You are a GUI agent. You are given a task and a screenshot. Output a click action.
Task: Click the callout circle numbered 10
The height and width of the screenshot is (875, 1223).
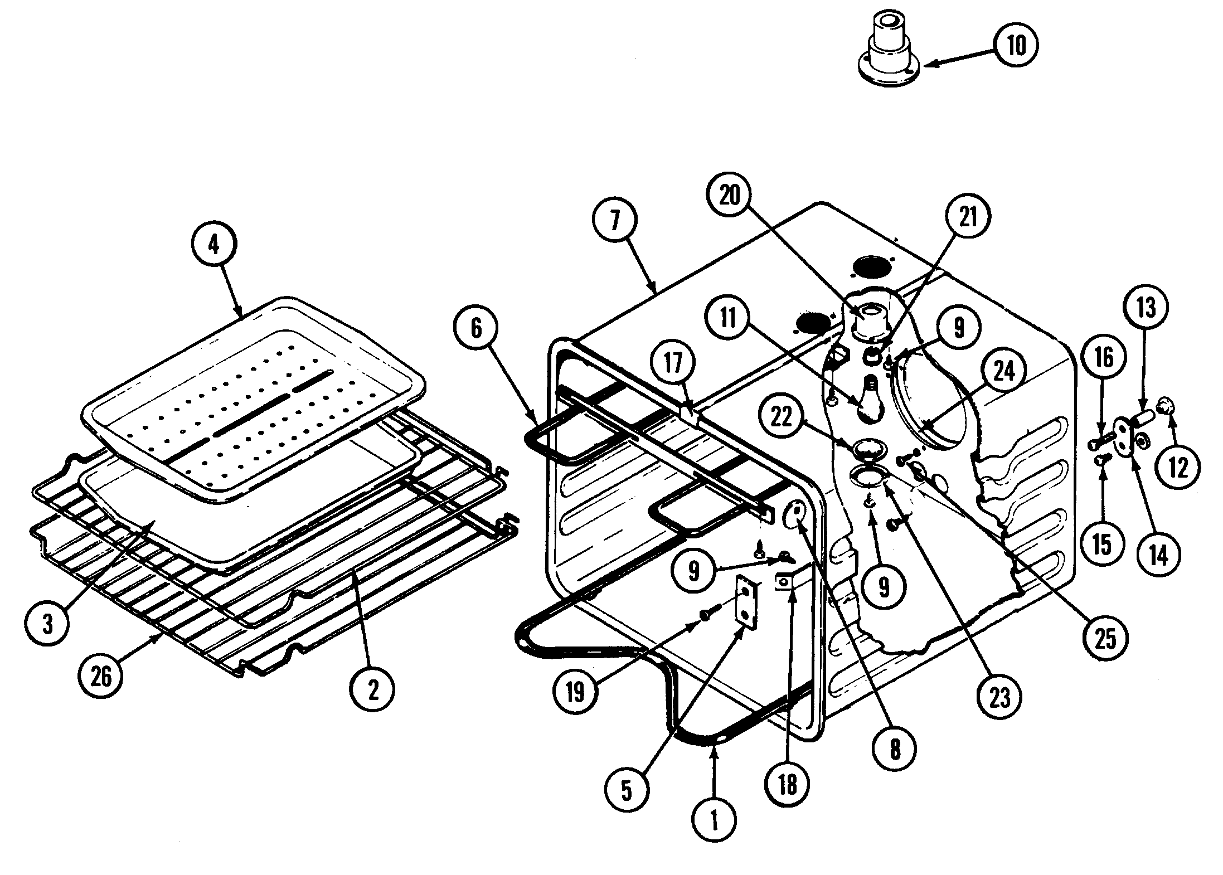(x=1015, y=46)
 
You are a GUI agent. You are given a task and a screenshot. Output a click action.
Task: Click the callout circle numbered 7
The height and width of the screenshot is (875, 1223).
(x=614, y=221)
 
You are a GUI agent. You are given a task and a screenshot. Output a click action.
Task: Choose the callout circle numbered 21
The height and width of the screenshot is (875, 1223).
(x=968, y=217)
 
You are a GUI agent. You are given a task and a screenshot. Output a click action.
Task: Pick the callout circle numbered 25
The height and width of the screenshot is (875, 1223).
(x=1106, y=639)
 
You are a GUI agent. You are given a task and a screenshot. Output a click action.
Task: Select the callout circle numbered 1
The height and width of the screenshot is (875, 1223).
(x=715, y=820)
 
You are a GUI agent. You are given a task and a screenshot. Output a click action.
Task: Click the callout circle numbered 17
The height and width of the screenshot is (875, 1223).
(x=673, y=364)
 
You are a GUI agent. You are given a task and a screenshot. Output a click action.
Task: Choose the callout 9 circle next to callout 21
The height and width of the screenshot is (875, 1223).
(x=958, y=328)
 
